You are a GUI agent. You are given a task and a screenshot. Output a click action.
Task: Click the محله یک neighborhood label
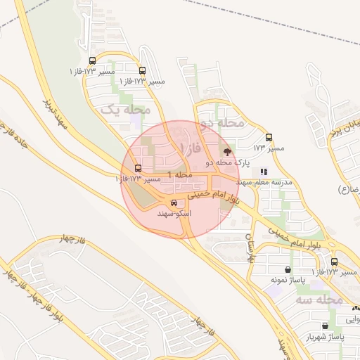(x=127, y=110)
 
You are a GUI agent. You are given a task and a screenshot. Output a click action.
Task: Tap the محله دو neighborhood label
(x=221, y=124)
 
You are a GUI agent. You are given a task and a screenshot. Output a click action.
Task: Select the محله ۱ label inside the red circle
(x=181, y=174)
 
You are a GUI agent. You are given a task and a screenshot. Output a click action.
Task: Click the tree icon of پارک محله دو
(x=226, y=150)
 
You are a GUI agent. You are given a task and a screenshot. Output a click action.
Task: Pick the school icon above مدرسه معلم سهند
(x=264, y=171)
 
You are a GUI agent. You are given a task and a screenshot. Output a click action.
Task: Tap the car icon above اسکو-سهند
(x=173, y=203)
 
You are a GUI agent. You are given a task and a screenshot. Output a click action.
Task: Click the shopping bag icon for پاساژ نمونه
(x=288, y=269)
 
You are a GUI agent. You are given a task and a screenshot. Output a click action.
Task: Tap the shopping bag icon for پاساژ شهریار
(x=324, y=326)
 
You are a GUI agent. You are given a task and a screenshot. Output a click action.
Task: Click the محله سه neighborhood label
(x=325, y=300)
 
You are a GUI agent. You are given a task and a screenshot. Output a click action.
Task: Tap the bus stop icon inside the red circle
(x=138, y=169)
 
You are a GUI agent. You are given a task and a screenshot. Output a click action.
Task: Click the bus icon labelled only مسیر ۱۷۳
(x=269, y=138)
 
